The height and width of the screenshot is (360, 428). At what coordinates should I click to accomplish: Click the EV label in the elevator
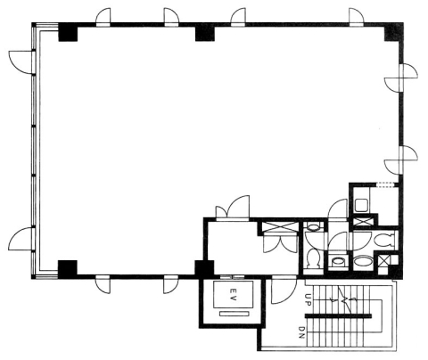click(x=233, y=294)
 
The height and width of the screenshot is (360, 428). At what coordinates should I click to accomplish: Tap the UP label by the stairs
click(x=308, y=299)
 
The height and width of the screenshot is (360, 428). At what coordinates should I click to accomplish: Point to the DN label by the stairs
click(x=301, y=333)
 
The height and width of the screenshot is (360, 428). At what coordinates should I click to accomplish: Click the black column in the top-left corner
click(x=68, y=32)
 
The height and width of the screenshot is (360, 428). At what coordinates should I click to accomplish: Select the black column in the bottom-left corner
click(x=68, y=269)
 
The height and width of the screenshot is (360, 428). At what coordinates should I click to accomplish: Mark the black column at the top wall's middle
click(x=205, y=32)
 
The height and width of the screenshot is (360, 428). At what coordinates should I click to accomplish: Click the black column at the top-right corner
click(x=394, y=32)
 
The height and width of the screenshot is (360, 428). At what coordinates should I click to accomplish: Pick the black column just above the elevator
click(x=204, y=269)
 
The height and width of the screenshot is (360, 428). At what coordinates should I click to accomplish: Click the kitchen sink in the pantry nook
click(x=362, y=206)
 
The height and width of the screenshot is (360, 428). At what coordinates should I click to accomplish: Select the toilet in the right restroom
click(x=383, y=240)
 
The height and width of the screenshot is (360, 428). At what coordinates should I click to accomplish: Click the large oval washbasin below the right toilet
click(x=363, y=262)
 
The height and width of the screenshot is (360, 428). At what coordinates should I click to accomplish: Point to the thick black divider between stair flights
click(x=338, y=315)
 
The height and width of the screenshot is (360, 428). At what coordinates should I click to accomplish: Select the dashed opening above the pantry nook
click(x=385, y=184)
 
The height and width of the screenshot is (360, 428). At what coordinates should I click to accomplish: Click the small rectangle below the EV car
click(x=234, y=314)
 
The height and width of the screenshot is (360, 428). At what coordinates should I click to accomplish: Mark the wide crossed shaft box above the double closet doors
click(x=280, y=228)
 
